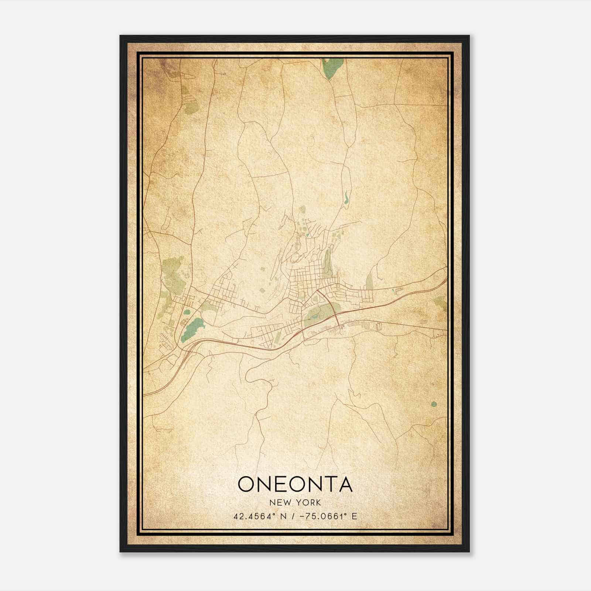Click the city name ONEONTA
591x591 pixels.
click(x=295, y=484)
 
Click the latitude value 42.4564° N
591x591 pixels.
click(x=258, y=516)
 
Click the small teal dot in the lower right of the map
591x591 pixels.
click(x=433, y=404)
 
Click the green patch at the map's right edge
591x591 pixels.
click(x=440, y=302)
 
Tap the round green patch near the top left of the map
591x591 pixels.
click(x=191, y=107)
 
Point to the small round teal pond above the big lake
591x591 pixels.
click(x=187, y=312)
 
